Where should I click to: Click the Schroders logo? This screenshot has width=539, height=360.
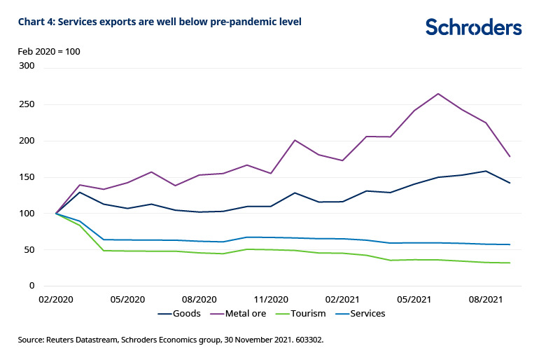pos(474,27)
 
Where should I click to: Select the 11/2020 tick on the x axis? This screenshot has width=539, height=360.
pos(270,300)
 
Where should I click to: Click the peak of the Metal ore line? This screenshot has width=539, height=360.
pos(438,94)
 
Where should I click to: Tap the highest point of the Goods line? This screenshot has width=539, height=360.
pos(486,171)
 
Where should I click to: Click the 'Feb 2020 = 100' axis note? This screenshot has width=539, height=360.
pos(48,51)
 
